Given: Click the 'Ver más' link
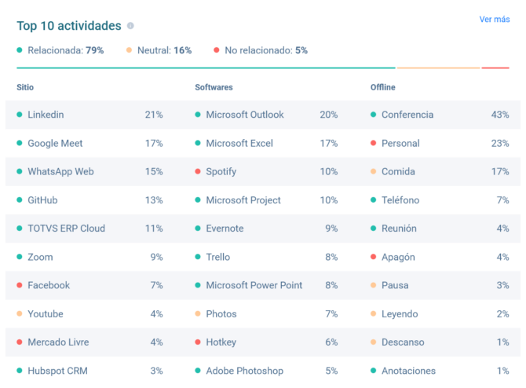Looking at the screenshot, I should [x=494, y=20].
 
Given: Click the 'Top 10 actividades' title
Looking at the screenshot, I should [x=69, y=26].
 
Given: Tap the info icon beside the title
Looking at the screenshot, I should [x=130, y=26].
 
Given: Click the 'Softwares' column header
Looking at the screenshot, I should [x=214, y=87].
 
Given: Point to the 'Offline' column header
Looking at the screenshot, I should [x=383, y=87].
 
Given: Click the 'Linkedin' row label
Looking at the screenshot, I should [x=46, y=115].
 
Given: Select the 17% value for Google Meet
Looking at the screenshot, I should [x=154, y=143].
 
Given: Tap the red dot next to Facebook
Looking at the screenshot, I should [x=20, y=285].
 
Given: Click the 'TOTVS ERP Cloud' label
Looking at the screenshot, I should [x=66, y=229].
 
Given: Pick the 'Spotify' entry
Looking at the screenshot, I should [x=221, y=171].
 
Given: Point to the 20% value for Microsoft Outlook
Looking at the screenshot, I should [x=328, y=115].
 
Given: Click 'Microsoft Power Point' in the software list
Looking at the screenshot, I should [x=254, y=285].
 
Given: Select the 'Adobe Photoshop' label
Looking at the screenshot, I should [x=244, y=371].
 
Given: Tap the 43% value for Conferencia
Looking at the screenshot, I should [x=500, y=115].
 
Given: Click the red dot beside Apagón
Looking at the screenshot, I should [x=374, y=257].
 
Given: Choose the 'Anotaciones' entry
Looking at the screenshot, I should [x=408, y=371].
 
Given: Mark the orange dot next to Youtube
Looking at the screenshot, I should [x=20, y=314].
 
